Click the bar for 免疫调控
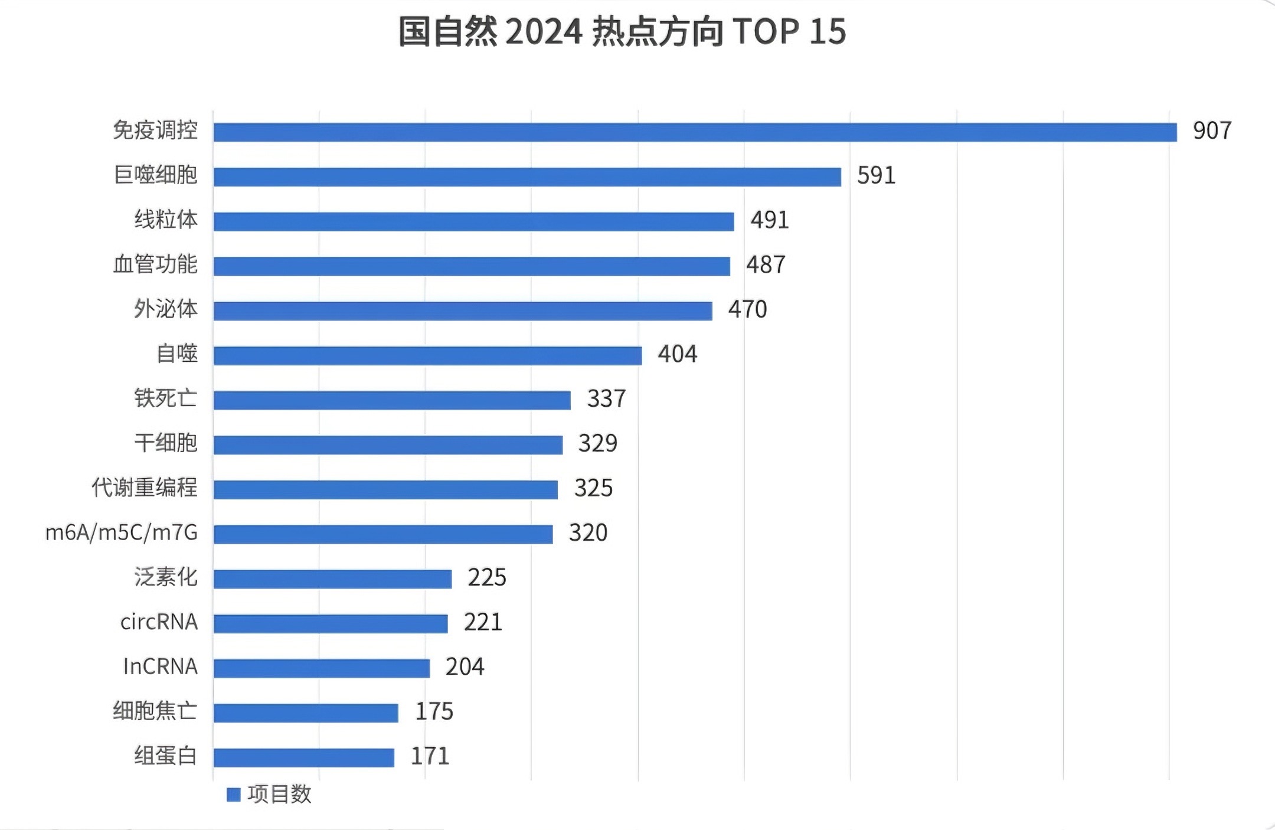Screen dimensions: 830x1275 coord(695,132)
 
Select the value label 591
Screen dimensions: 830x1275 coord(876,175)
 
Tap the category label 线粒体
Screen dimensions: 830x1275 coord(166,220)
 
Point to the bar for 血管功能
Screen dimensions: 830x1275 coord(472,266)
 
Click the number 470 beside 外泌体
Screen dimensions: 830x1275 coord(747,309)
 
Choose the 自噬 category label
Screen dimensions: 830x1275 coord(176,354)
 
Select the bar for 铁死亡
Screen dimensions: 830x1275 coord(392,400)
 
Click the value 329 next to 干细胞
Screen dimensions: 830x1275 coord(597,443)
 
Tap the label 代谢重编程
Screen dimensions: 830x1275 coord(145,488)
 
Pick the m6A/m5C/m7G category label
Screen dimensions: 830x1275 coord(122,532)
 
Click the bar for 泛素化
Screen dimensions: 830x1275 coord(332,579)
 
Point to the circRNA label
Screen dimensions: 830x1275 coord(159,622)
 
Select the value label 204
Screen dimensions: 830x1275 coord(465,667)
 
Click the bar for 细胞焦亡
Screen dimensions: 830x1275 coord(306,713)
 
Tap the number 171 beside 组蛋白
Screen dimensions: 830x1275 coord(430,756)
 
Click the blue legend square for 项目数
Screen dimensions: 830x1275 coord(234,795)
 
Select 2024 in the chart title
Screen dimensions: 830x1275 coord(544,32)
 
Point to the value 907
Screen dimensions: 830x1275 coord(1212,130)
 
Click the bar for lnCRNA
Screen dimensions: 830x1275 coord(322,668)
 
